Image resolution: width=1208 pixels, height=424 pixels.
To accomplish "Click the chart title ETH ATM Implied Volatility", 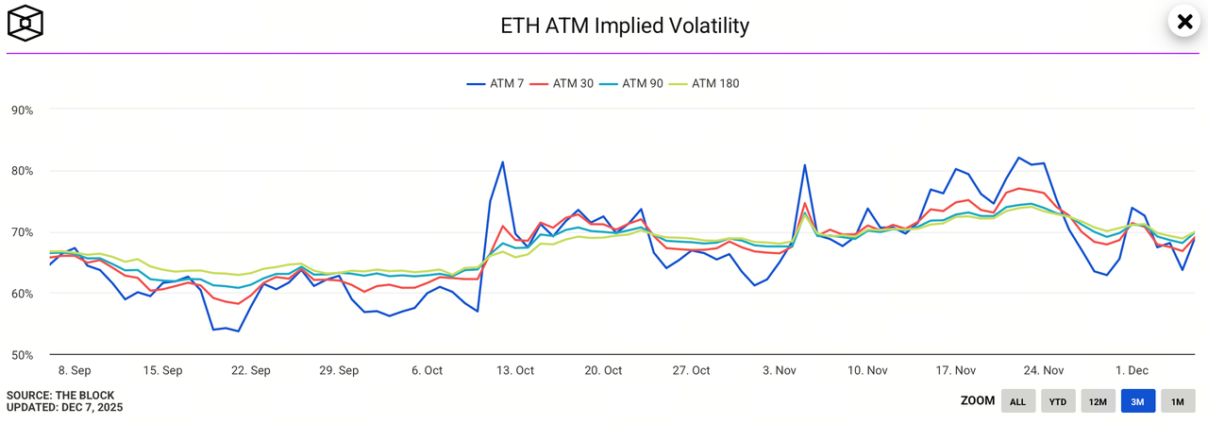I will pyautogui.click(x=625, y=25).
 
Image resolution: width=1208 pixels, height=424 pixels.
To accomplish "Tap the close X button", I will pyautogui.click(x=1183, y=22).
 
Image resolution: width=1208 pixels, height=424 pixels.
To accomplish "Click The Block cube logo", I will pyautogui.click(x=26, y=23).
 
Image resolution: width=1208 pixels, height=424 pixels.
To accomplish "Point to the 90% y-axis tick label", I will pyautogui.click(x=22, y=110).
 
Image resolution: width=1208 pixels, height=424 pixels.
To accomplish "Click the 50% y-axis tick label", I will pyautogui.click(x=22, y=355).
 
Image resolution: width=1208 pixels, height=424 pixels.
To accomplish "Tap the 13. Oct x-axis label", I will pyautogui.click(x=516, y=370).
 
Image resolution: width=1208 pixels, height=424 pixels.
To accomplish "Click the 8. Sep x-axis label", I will pyautogui.click(x=75, y=370).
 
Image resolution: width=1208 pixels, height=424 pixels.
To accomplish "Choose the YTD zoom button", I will pyautogui.click(x=1058, y=401).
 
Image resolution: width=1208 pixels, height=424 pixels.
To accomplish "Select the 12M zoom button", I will pyautogui.click(x=1098, y=401).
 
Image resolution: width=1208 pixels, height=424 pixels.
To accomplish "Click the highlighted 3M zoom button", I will pyautogui.click(x=1138, y=401).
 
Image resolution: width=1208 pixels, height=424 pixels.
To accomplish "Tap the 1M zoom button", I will pyautogui.click(x=1178, y=401).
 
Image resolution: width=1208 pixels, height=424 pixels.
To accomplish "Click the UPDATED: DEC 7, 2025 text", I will pyautogui.click(x=64, y=408).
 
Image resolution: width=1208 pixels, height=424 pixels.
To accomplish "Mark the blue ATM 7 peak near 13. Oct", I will pyautogui.click(x=502, y=161).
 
